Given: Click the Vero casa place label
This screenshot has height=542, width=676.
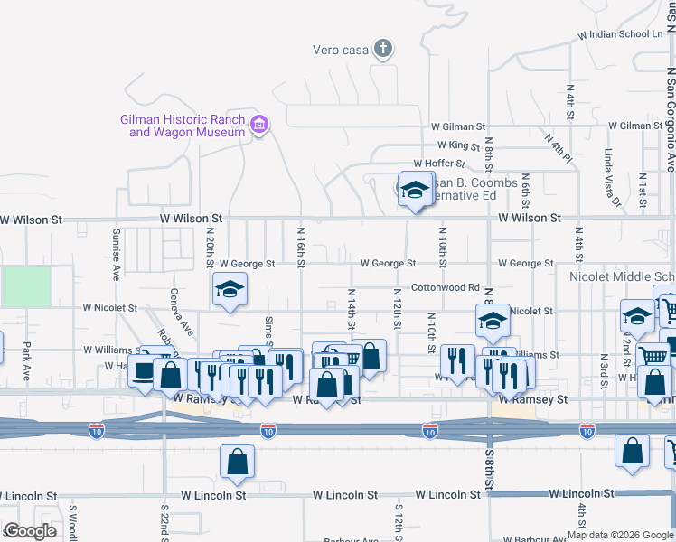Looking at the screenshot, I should (x=340, y=50).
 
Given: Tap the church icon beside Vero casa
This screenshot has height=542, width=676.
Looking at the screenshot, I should (x=383, y=49).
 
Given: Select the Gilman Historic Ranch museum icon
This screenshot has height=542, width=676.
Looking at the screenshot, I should (x=259, y=125).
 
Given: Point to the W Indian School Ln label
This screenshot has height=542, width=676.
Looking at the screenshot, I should (x=625, y=34).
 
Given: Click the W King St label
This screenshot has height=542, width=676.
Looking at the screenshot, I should (x=458, y=145).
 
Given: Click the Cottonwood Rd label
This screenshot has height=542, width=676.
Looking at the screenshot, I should (x=446, y=287).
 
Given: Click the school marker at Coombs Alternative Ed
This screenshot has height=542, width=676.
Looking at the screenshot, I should (x=415, y=191).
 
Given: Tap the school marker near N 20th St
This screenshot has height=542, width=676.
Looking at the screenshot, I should (x=230, y=291).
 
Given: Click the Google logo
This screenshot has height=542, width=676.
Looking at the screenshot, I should (x=31, y=531).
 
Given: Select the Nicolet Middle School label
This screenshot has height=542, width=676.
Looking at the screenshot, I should (x=622, y=276).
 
